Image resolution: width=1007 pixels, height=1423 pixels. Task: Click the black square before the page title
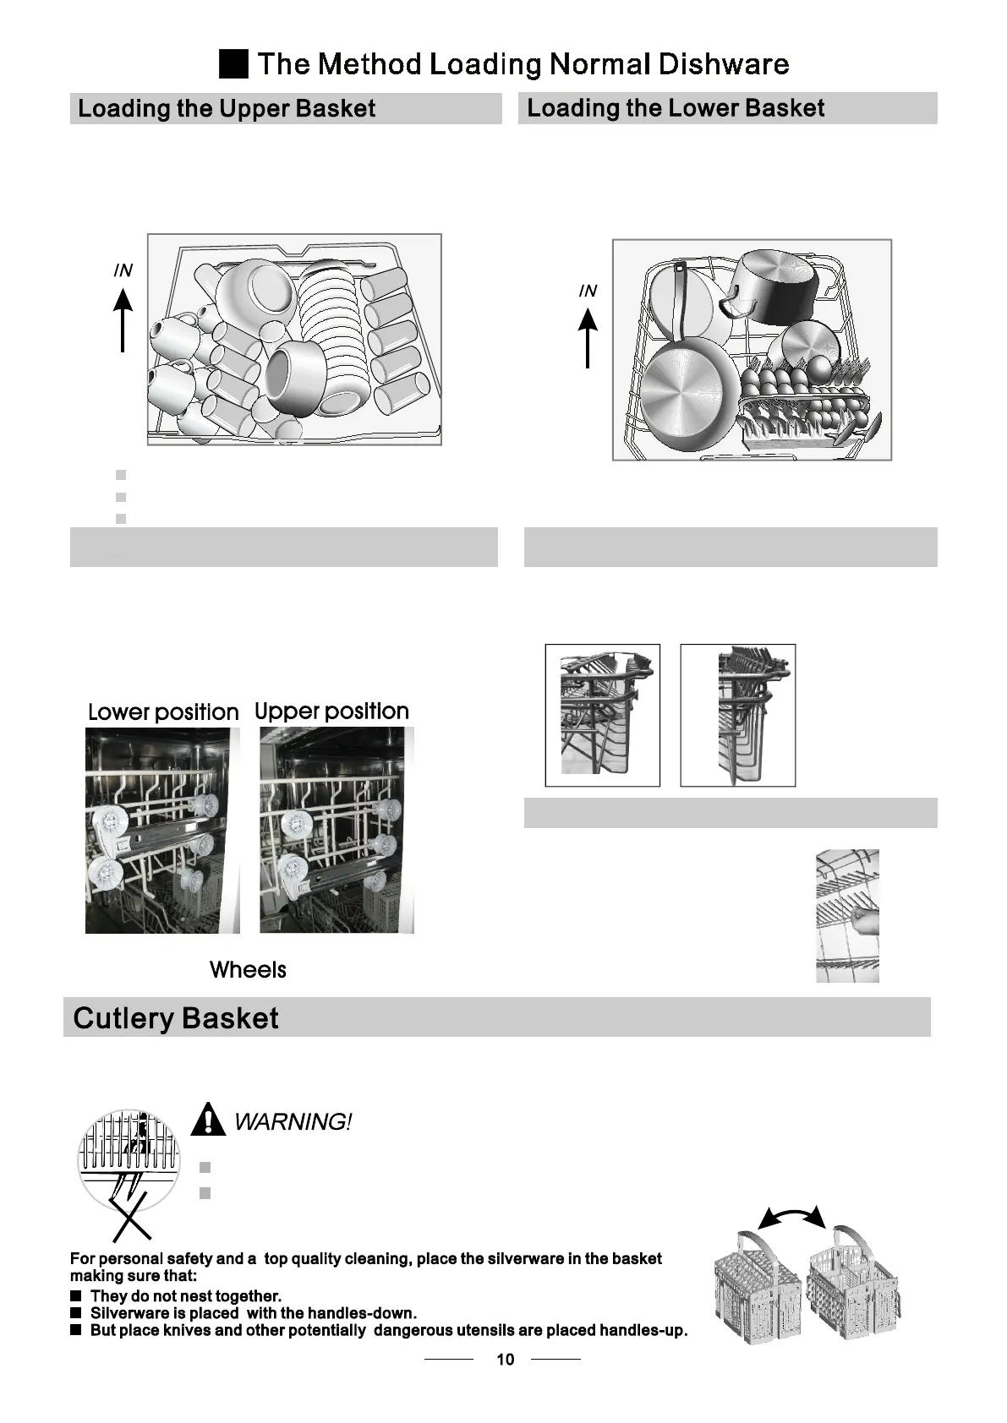pyautogui.click(x=233, y=64)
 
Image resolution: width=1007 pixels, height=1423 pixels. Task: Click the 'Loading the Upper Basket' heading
pyautogui.click(x=227, y=109)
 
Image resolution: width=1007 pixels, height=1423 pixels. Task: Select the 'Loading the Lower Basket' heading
pyautogui.click(x=676, y=108)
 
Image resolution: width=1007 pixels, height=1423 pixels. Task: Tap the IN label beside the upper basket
pyautogui.click(x=123, y=270)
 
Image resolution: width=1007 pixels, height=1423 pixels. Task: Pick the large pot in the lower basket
pyautogui.click(x=774, y=287)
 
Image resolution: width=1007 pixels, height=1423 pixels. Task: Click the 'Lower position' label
pyautogui.click(x=163, y=712)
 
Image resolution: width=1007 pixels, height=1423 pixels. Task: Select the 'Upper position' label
pyautogui.click(x=331, y=711)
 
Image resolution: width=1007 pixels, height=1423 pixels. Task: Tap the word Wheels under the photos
pyautogui.click(x=248, y=970)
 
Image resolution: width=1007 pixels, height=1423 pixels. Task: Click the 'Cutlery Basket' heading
pyautogui.click(x=176, y=1018)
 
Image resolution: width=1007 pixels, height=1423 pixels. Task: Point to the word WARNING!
pyautogui.click(x=292, y=1122)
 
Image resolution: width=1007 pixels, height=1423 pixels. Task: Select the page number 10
pyautogui.click(x=505, y=1360)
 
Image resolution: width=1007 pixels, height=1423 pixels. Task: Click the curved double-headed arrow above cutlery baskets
pyautogui.click(x=791, y=1217)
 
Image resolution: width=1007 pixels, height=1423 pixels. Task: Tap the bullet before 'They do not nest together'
pyautogui.click(x=75, y=1295)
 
